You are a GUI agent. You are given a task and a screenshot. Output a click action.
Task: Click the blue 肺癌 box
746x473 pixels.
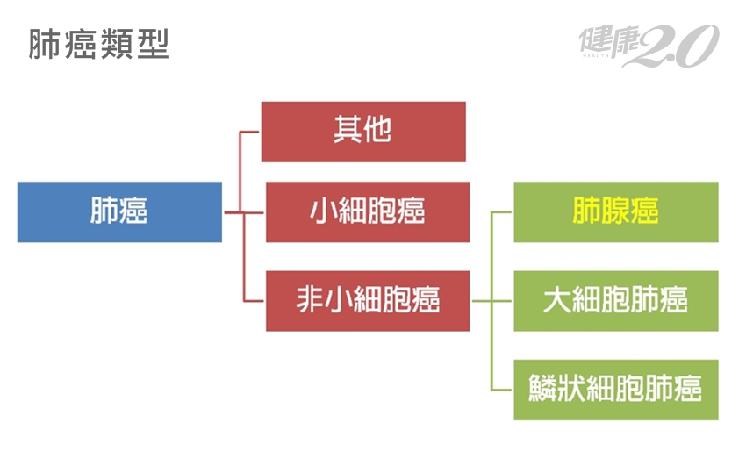119,211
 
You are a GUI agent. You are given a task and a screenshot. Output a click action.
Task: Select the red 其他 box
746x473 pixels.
363,132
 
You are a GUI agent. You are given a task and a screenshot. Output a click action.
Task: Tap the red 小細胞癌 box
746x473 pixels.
368,211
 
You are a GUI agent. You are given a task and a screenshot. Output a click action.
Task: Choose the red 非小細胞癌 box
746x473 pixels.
368,300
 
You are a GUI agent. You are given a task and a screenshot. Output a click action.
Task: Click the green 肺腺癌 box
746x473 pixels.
615,211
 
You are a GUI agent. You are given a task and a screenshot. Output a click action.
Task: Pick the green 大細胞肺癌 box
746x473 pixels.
615,300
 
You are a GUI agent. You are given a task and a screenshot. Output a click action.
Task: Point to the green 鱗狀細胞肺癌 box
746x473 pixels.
615,389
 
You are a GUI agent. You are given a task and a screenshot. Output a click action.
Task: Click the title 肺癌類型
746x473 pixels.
98,45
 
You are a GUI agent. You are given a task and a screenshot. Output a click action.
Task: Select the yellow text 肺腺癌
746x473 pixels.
615,211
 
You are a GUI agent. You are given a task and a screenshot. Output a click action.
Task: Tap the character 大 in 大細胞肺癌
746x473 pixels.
557,300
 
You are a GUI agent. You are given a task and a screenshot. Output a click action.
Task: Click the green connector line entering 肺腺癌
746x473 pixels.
503,212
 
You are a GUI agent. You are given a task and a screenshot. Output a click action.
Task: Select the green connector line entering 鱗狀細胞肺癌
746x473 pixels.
503,389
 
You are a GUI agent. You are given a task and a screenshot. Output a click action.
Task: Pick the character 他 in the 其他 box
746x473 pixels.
377,132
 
